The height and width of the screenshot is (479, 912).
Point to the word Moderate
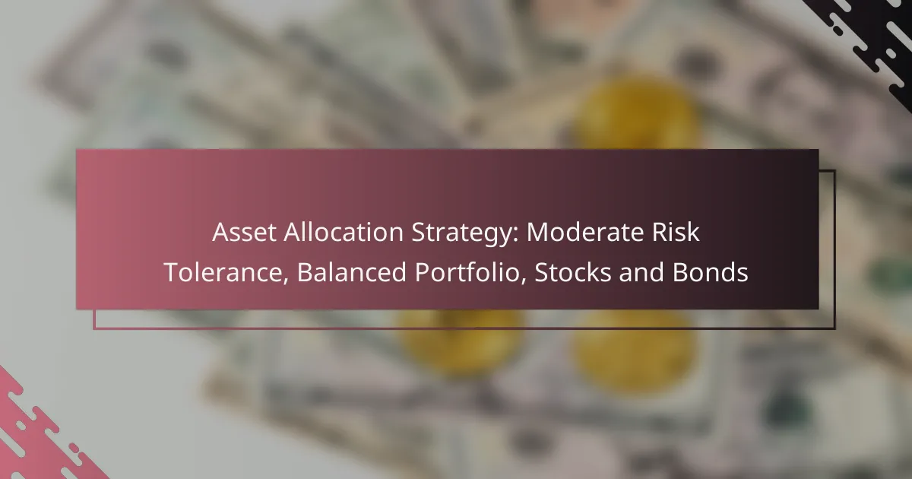click(568, 233)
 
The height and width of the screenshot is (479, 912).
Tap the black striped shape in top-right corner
click(866, 38)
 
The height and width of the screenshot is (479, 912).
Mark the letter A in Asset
click(220, 233)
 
